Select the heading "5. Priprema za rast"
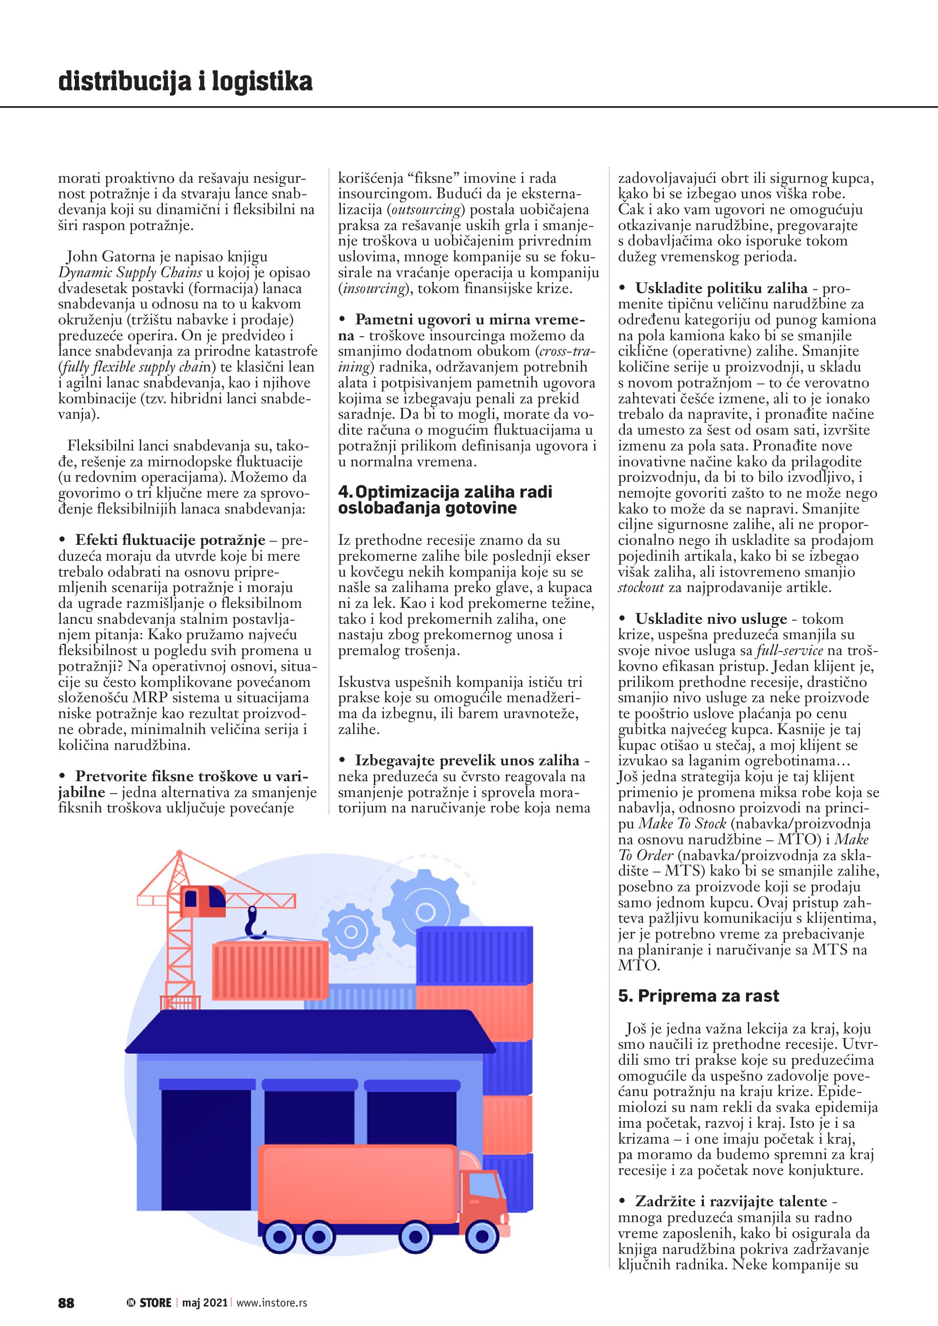pyautogui.click(x=698, y=996)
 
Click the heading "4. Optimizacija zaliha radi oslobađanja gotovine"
pyautogui.click(x=445, y=499)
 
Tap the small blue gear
pyautogui.click(x=351, y=931)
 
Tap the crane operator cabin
pyautogui.click(x=202, y=900)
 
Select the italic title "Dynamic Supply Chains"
pyautogui.click(x=130, y=272)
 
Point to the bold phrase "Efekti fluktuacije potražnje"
pyautogui.click(x=170, y=540)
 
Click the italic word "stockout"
pyautogui.click(x=641, y=587)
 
